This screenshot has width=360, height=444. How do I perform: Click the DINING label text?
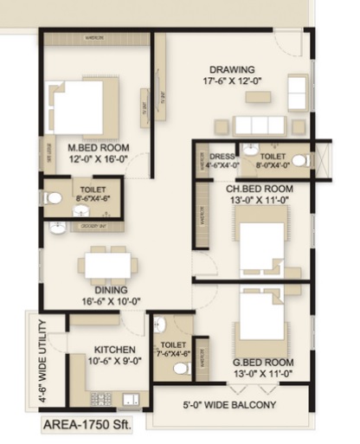click(112, 290)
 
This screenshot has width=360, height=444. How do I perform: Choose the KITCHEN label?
click(110, 351)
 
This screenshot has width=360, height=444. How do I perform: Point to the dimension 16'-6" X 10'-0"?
click(112, 301)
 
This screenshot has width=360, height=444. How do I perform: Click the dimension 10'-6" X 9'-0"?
click(110, 364)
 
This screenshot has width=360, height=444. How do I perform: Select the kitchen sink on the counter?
click(132, 399)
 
